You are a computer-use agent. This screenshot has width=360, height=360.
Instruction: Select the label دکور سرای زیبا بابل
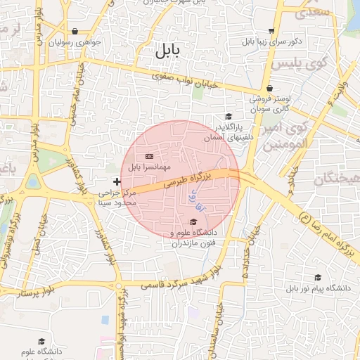(x=271, y=41)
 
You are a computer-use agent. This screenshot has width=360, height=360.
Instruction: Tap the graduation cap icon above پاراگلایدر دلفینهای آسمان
(x=227, y=117)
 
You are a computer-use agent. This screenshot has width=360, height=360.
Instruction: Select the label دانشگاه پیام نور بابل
(x=318, y=288)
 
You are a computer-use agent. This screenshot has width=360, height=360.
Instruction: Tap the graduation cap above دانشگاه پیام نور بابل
(x=318, y=278)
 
